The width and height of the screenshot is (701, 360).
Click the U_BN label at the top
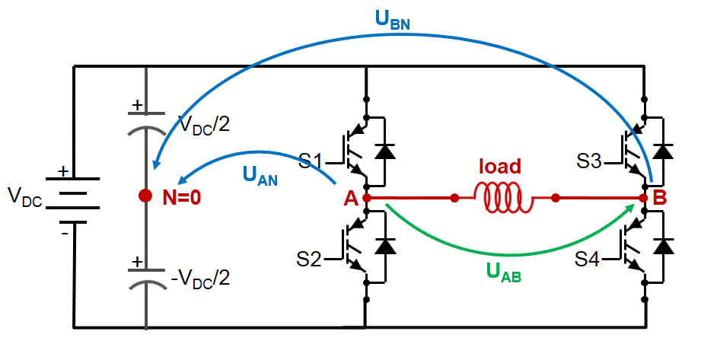pyautogui.click(x=392, y=21)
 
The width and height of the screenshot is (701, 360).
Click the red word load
pyautogui.click(x=499, y=166)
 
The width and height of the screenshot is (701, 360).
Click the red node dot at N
pyautogui.click(x=145, y=196)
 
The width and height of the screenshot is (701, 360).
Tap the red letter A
pyautogui.click(x=351, y=199)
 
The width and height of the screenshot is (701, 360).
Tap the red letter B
pyautogui.click(x=660, y=199)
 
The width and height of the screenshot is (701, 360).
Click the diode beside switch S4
pyautogui.click(x=665, y=246)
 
